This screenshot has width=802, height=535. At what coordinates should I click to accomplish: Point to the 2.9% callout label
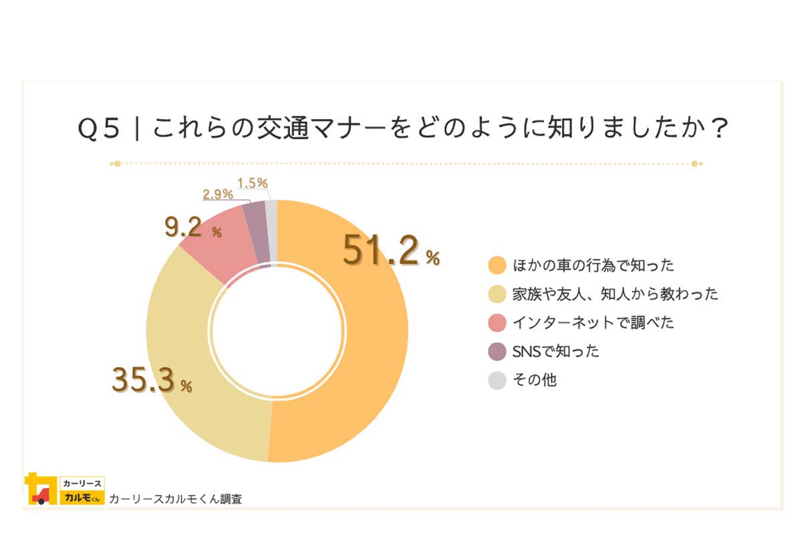[x=218, y=195]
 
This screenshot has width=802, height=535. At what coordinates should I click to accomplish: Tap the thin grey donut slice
[x=271, y=227]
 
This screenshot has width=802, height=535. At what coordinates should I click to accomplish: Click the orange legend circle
[x=497, y=265]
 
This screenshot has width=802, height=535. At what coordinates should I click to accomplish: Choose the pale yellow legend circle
[x=497, y=294]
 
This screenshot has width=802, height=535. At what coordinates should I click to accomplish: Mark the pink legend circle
[x=497, y=323]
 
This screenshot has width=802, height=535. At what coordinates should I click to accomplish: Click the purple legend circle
[x=497, y=352]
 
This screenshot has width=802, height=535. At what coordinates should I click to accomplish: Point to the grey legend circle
[x=497, y=381]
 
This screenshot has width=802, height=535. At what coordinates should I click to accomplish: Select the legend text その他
[x=535, y=381]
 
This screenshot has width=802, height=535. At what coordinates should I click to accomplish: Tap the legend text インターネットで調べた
[x=593, y=323]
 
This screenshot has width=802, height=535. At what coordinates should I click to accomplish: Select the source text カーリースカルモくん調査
[x=175, y=499]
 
